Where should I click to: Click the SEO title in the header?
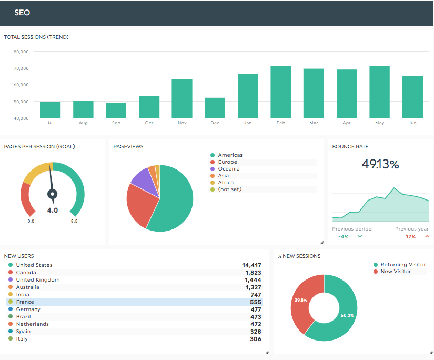coord(22,13)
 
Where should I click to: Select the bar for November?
coord(182,99)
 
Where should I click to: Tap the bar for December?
coord(215,108)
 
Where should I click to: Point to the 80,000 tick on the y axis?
coord(21,52)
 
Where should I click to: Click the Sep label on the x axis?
coord(116,123)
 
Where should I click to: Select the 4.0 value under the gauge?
coord(53,210)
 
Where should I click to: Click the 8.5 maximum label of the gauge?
coord(74,222)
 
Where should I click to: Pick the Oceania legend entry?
coord(229,169)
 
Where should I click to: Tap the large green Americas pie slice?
coord(174,203)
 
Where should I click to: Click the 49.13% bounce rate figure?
coord(380,164)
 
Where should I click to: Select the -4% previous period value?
coord(344,237)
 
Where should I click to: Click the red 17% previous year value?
coord(410,237)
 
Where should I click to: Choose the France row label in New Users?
coord(25,302)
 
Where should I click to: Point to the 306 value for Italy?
coord(256,339)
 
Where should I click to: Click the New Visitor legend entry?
coord(396,272)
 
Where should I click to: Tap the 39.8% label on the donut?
coord(301,301)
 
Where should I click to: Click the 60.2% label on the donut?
coord(348,315)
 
